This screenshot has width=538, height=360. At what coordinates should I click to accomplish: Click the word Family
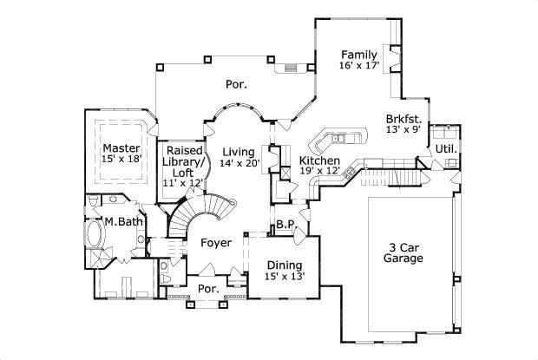(x=358, y=54)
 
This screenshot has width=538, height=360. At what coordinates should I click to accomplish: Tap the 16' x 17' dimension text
(x=358, y=66)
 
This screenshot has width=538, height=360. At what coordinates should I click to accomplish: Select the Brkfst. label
(x=404, y=119)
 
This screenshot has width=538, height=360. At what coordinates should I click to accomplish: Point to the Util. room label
(x=446, y=148)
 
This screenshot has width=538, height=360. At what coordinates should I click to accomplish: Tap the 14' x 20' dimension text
(x=239, y=163)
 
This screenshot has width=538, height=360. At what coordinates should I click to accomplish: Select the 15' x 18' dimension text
(x=120, y=160)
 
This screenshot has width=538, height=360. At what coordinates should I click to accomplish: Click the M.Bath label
(x=124, y=222)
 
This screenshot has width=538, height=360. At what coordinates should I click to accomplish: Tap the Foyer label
(x=216, y=244)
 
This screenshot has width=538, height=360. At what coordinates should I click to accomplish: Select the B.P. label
(x=286, y=225)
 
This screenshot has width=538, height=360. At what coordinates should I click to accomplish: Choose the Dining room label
(x=284, y=265)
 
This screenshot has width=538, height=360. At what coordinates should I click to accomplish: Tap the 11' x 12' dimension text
(x=184, y=184)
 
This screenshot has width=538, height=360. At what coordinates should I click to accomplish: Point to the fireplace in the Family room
(x=396, y=58)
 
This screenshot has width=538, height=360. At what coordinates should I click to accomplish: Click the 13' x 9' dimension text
(x=403, y=131)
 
